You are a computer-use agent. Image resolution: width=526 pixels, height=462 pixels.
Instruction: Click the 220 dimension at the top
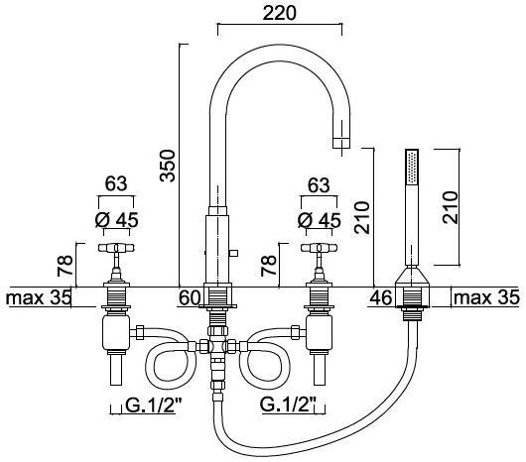click(278, 14)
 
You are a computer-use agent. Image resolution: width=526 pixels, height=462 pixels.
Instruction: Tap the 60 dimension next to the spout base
click(190, 296)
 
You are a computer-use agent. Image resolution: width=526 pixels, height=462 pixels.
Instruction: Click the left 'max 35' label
click(39, 296)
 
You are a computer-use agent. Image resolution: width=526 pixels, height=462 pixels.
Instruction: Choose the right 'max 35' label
click(486, 296)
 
